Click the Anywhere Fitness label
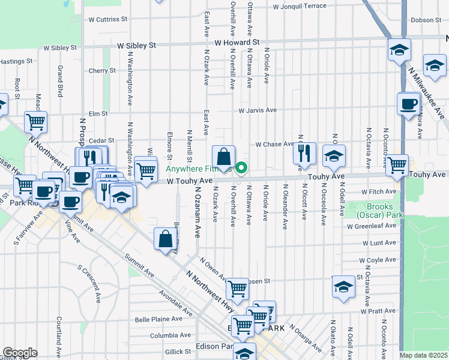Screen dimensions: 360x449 click(199, 169)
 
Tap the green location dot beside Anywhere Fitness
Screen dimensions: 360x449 click(241, 167)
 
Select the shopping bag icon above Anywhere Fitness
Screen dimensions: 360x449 click(223, 158)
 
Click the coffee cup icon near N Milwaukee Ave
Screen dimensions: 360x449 click(408, 104)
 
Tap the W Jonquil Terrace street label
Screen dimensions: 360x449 click(300, 7)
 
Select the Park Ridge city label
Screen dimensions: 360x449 click(24, 203)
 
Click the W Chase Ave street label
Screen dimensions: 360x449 click(274, 145)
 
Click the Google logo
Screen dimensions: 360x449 click(19, 353)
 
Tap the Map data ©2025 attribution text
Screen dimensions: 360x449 click(423, 355)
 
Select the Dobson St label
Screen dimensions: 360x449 click(426, 20)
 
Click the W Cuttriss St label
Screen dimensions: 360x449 click(107, 19)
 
